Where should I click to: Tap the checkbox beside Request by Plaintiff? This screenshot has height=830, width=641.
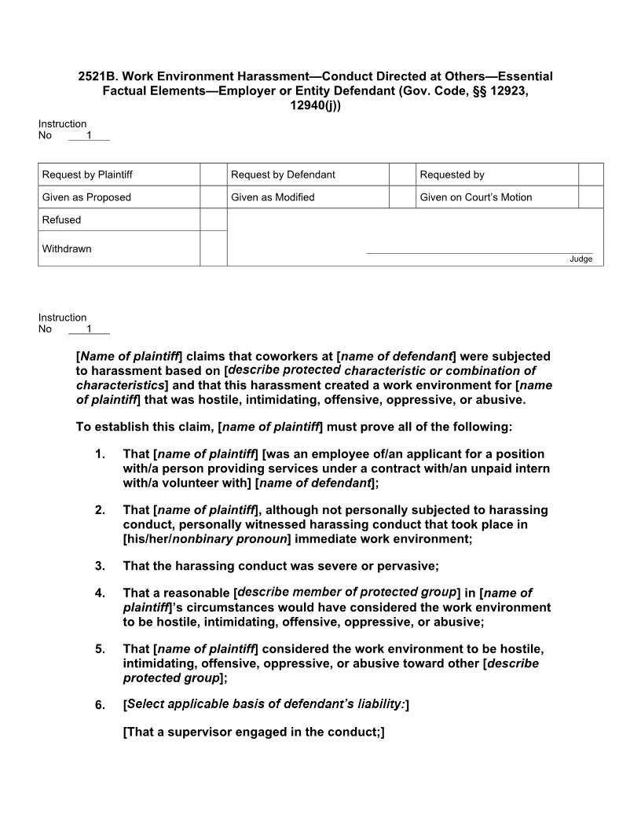[213, 174]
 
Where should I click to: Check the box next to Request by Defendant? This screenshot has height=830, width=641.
[402, 174]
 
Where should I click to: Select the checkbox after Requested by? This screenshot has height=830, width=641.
[591, 174]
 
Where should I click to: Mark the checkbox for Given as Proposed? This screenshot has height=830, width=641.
[213, 197]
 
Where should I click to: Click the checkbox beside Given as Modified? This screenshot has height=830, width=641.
[402, 197]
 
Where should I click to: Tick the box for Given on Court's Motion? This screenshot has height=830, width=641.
[591, 197]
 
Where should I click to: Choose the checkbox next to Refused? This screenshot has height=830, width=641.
[213, 220]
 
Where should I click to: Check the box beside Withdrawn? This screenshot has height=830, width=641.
[213, 248]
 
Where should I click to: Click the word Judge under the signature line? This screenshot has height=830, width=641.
[581, 259]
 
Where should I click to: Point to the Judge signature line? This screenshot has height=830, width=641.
[479, 253]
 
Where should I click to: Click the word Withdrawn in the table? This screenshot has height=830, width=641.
[67, 249]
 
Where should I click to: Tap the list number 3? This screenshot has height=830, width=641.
[100, 566]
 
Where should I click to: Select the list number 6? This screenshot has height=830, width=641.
[100, 705]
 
